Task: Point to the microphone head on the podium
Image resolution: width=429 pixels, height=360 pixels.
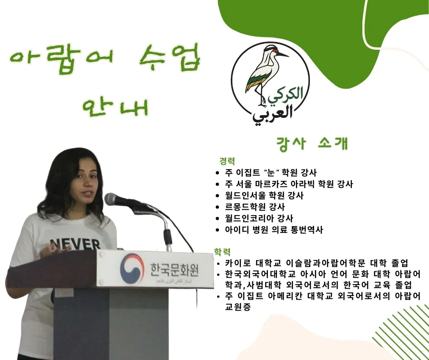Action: click(x=114, y=200)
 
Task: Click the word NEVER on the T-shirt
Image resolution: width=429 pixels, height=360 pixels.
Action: click(x=75, y=244)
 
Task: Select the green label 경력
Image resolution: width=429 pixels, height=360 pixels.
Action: click(x=227, y=161)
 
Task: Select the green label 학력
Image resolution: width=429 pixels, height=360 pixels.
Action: click(x=222, y=252)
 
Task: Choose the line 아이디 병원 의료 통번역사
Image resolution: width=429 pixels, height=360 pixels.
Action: click(x=273, y=230)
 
